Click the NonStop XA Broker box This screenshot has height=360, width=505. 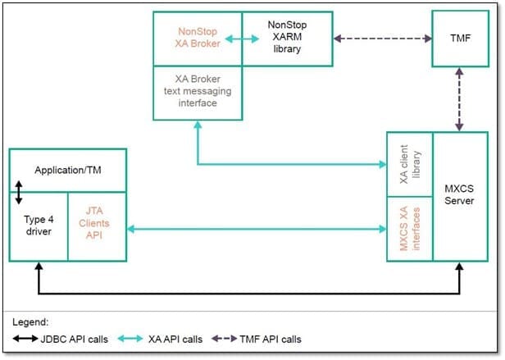click(x=197, y=39)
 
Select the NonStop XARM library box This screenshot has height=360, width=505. click(x=287, y=39)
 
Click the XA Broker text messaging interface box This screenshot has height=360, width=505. click(x=197, y=93)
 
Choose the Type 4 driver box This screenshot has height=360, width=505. click(x=37, y=226)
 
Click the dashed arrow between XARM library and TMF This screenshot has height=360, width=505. click(x=383, y=39)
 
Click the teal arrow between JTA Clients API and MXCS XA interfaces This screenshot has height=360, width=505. click(x=256, y=230)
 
